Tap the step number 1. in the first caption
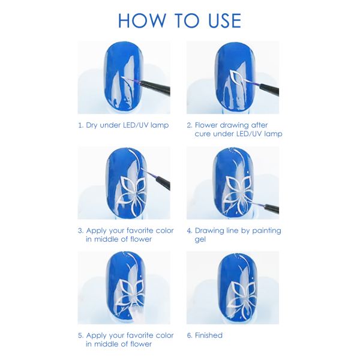[80, 125]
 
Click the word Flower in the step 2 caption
[208, 125]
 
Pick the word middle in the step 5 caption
[108, 344]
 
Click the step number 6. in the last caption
[189, 335]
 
